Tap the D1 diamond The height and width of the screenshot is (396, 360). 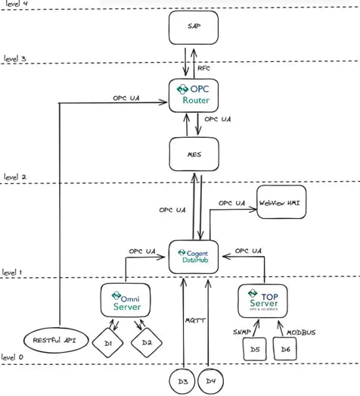(x=108, y=345)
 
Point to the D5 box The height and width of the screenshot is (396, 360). (x=253, y=349)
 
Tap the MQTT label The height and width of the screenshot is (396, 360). (x=191, y=320)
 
